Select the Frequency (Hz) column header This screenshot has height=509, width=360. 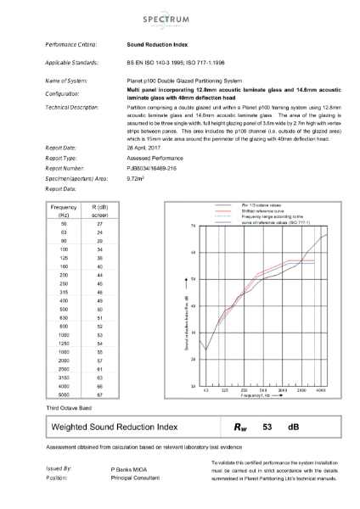point(65,210)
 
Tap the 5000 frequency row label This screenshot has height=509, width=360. point(65,394)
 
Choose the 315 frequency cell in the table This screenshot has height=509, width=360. point(65,290)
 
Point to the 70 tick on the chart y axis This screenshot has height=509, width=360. point(194,227)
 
